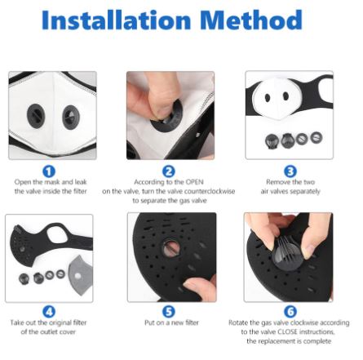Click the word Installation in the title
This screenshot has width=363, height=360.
(117, 20)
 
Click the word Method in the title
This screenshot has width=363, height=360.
(251, 20)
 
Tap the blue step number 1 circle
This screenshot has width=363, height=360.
(49, 171)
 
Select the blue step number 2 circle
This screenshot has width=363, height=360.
(169, 171)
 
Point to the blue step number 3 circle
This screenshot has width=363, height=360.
(290, 171)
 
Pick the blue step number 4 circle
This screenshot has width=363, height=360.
(49, 312)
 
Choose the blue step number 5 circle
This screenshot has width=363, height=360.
(169, 312)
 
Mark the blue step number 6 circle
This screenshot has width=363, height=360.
(290, 312)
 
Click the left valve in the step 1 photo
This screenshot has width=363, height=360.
(36, 116)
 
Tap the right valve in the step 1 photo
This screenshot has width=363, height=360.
(71, 118)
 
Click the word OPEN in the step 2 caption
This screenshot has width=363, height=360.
(195, 182)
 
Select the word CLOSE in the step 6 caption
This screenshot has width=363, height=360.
(288, 331)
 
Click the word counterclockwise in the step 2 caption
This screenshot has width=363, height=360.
(210, 191)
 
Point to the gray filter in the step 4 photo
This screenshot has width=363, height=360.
(80, 276)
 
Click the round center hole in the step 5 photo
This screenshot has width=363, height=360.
(171, 248)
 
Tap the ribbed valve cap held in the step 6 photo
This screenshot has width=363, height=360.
(288, 254)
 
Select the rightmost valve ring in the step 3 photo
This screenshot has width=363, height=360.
(317, 137)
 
